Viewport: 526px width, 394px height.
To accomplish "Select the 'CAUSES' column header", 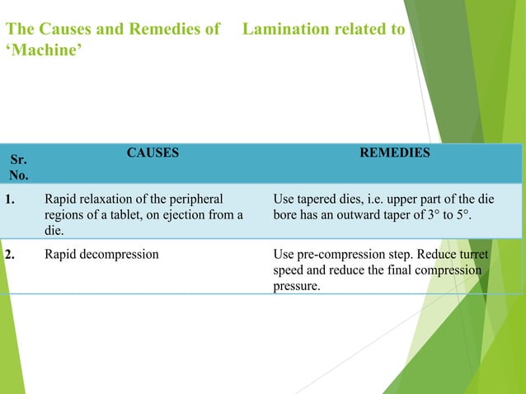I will point(153,153).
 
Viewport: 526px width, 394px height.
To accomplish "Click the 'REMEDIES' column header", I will point(394,153).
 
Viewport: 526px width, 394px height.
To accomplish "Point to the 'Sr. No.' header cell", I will point(17,166).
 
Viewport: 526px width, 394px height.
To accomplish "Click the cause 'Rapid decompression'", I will point(101,254).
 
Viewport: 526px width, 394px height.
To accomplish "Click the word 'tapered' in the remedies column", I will point(316,199).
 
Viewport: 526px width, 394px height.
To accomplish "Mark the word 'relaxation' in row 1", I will point(106,199).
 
